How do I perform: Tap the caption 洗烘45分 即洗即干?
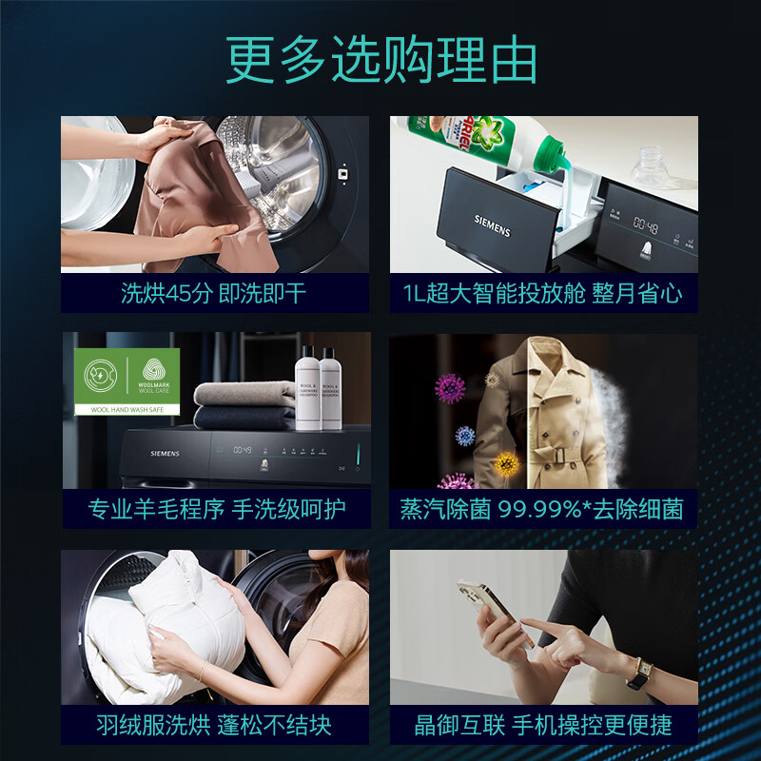click(214, 293)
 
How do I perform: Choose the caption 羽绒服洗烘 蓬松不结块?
click(214, 725)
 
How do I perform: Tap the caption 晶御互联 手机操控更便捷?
click(543, 725)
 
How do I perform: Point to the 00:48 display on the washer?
click(647, 226)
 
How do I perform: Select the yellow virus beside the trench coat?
click(505, 464)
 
